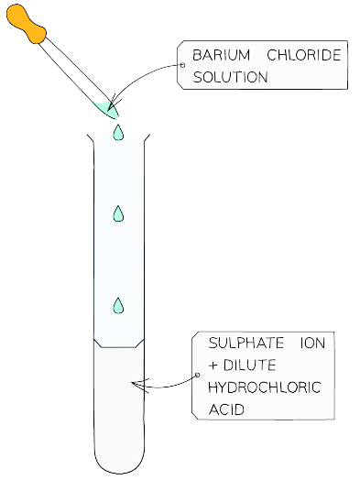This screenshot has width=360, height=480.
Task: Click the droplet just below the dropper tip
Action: click(x=116, y=134)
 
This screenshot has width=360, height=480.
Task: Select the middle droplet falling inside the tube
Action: click(x=117, y=213)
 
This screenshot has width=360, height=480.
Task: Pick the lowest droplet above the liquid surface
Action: click(x=117, y=305)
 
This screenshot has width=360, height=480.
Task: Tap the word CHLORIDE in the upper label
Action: click(x=303, y=56)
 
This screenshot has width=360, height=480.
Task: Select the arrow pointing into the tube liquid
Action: click(x=160, y=384)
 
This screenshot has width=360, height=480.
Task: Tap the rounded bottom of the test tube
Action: click(x=119, y=463)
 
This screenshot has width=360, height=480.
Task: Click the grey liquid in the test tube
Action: click(x=119, y=403)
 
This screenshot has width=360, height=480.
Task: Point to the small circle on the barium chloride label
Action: click(x=181, y=66)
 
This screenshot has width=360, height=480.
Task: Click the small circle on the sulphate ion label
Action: click(x=197, y=375)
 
